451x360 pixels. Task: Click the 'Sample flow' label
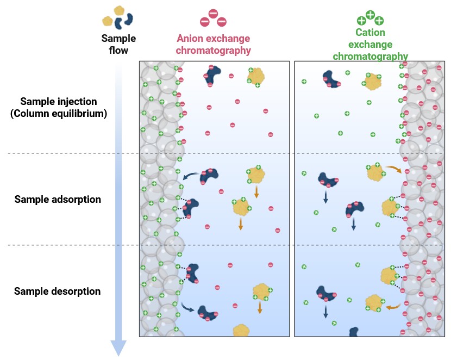[x=118, y=45]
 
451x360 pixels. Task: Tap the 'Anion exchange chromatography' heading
[x=214, y=45]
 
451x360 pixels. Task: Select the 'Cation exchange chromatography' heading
[x=370, y=45]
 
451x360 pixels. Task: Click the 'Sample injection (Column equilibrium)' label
[x=59, y=108]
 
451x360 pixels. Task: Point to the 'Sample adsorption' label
[x=58, y=200]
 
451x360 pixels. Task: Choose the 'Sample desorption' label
[x=57, y=291]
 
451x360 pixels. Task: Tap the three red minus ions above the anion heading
[x=213, y=18]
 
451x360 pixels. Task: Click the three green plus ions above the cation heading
[x=370, y=18]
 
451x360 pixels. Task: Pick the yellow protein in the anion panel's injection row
[x=256, y=77]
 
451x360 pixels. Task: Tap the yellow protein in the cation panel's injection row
[x=372, y=82]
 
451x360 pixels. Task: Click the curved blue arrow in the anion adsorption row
[x=190, y=176]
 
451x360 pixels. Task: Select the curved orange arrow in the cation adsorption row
[x=394, y=169]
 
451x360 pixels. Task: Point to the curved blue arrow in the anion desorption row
[x=189, y=308]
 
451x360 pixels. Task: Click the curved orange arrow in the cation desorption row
[x=393, y=307]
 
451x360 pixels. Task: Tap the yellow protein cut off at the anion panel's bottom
[x=241, y=330]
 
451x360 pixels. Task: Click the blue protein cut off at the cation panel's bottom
[x=354, y=331]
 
